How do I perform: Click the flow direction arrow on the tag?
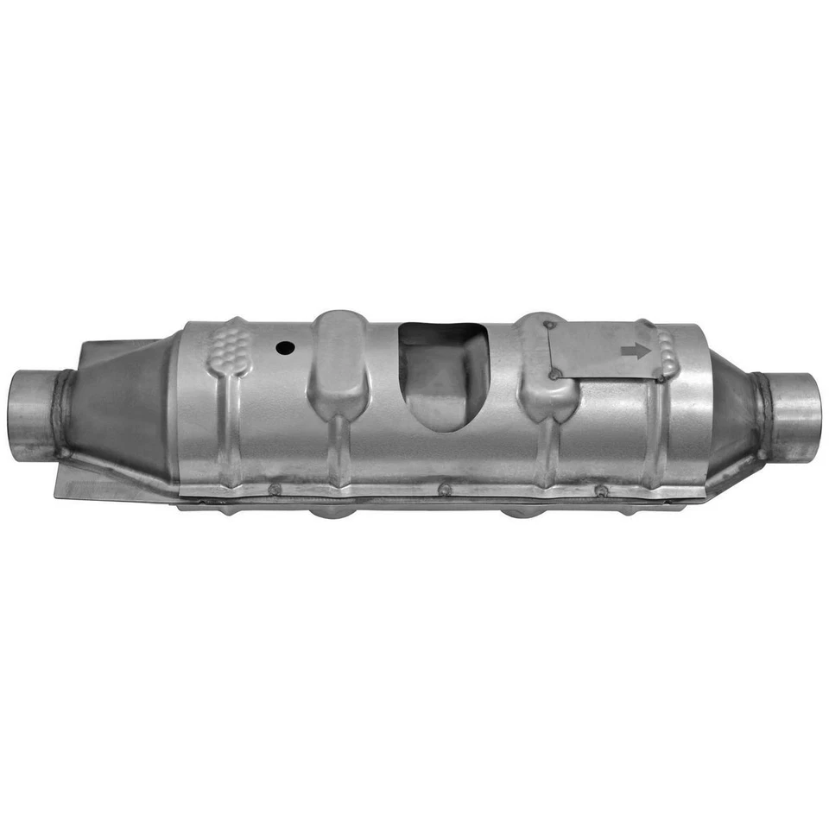click(x=636, y=351)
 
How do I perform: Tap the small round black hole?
click(x=284, y=348)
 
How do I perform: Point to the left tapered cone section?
click(x=121, y=406)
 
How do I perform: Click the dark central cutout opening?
click(x=443, y=376)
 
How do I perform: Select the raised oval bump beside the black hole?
click(x=338, y=363)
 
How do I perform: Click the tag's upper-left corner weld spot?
click(x=547, y=326)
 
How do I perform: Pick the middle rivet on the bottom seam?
click(x=445, y=490)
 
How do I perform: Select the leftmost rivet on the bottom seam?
click(x=275, y=490)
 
